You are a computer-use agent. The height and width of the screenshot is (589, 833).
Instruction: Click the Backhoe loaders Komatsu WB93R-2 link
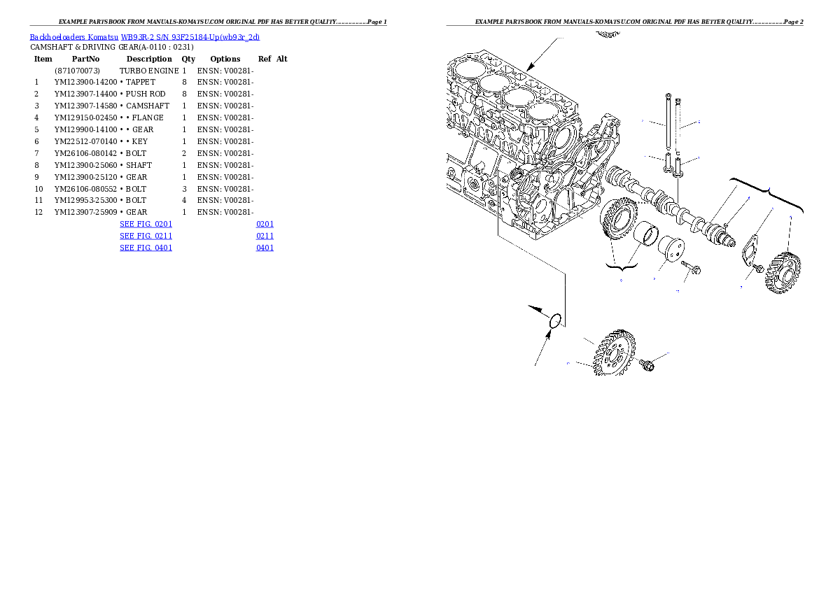[144, 36]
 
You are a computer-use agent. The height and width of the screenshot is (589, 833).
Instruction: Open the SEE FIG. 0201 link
[146, 224]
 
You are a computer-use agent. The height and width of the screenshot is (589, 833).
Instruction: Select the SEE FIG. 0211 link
[146, 236]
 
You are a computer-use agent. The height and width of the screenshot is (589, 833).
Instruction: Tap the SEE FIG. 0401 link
[146, 247]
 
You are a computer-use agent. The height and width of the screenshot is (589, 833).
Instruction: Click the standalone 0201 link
[265, 224]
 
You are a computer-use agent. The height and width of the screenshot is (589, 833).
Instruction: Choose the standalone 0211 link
[265, 236]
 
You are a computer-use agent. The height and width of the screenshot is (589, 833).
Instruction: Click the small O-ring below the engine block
[556, 321]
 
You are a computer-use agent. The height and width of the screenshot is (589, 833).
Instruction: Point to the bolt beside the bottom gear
[647, 364]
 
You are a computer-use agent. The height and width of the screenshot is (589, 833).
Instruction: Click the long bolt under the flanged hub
[693, 269]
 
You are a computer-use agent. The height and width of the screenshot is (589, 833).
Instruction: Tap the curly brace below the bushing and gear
[621, 267]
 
